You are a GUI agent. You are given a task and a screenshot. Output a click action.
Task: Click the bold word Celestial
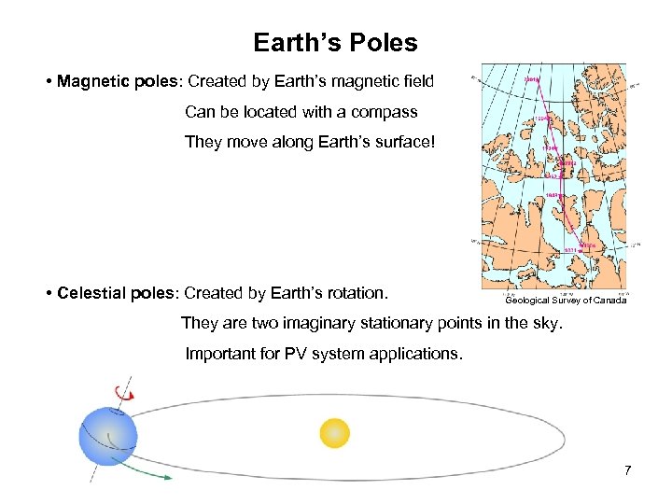pyautogui.click(x=91, y=293)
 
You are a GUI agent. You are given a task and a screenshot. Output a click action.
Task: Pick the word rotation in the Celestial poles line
pyautogui.click(x=352, y=293)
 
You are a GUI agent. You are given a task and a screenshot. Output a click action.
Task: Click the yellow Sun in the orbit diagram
pyautogui.click(x=334, y=432)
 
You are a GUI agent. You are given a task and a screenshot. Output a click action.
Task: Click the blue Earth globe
pyautogui.click(x=108, y=436)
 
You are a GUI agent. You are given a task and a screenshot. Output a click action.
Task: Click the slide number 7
pyautogui.click(x=627, y=469)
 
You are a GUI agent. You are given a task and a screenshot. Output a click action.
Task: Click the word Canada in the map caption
pyautogui.click(x=609, y=301)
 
